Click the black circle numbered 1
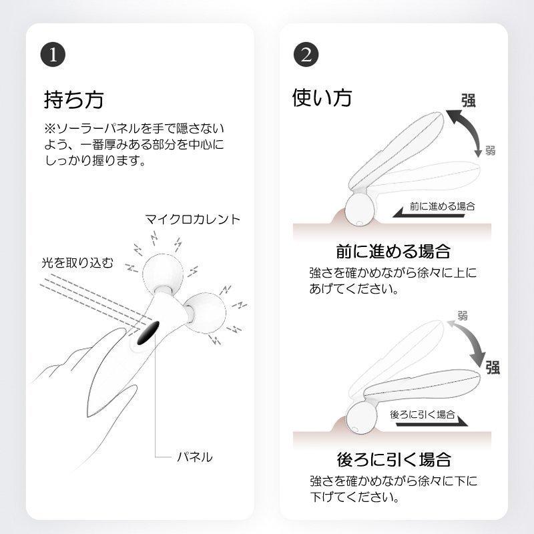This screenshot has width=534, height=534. [53, 55]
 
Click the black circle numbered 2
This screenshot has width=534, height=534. [306, 55]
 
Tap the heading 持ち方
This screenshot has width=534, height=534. [73, 99]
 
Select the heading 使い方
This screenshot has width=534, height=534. [322, 97]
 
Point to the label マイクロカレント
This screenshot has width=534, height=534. [193, 219]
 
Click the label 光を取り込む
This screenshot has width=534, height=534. [77, 262]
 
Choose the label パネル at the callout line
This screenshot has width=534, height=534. [194, 457]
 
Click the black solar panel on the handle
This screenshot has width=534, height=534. [148, 332]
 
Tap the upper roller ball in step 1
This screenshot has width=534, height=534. [163, 274]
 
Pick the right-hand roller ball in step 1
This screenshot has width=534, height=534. [205, 312]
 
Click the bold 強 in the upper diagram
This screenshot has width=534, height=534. [469, 101]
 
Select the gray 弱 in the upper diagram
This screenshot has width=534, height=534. [490, 150]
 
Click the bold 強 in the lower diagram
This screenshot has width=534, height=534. [493, 367]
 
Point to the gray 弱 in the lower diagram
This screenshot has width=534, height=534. [462, 315]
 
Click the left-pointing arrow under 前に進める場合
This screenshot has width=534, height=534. [429, 214]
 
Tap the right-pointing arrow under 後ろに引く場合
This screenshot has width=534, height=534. [432, 422]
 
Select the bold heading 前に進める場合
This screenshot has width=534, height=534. [393, 252]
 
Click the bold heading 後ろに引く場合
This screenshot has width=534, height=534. [394, 460]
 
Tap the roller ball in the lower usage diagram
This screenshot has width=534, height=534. [360, 418]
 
